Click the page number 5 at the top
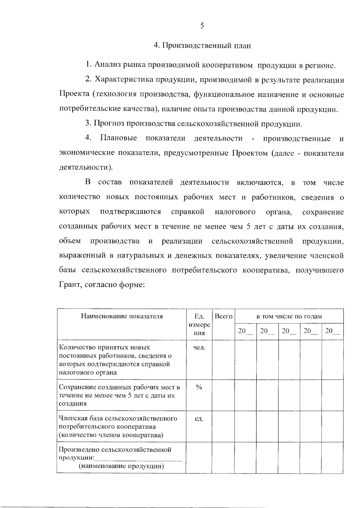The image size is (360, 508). coord(202,26)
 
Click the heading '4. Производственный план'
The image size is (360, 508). coord(202,46)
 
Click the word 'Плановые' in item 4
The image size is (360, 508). coord(118,138)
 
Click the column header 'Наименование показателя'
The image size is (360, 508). coord(122,316)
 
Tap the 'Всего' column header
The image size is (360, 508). coord(223,316)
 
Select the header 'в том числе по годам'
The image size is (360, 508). coord(289,316)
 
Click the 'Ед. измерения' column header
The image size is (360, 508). coord(199,325)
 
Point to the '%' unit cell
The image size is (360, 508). coord(199,387)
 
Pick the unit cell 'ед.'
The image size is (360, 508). coord(199,419)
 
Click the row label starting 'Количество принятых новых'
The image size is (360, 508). coord(115,360)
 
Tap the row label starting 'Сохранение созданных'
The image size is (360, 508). coord(119,395)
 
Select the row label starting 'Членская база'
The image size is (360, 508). coord(118,427)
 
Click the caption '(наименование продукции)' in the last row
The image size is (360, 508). coord(121,466)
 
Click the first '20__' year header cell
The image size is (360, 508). coord(245,331)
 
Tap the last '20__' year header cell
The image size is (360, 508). coord(332,331)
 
